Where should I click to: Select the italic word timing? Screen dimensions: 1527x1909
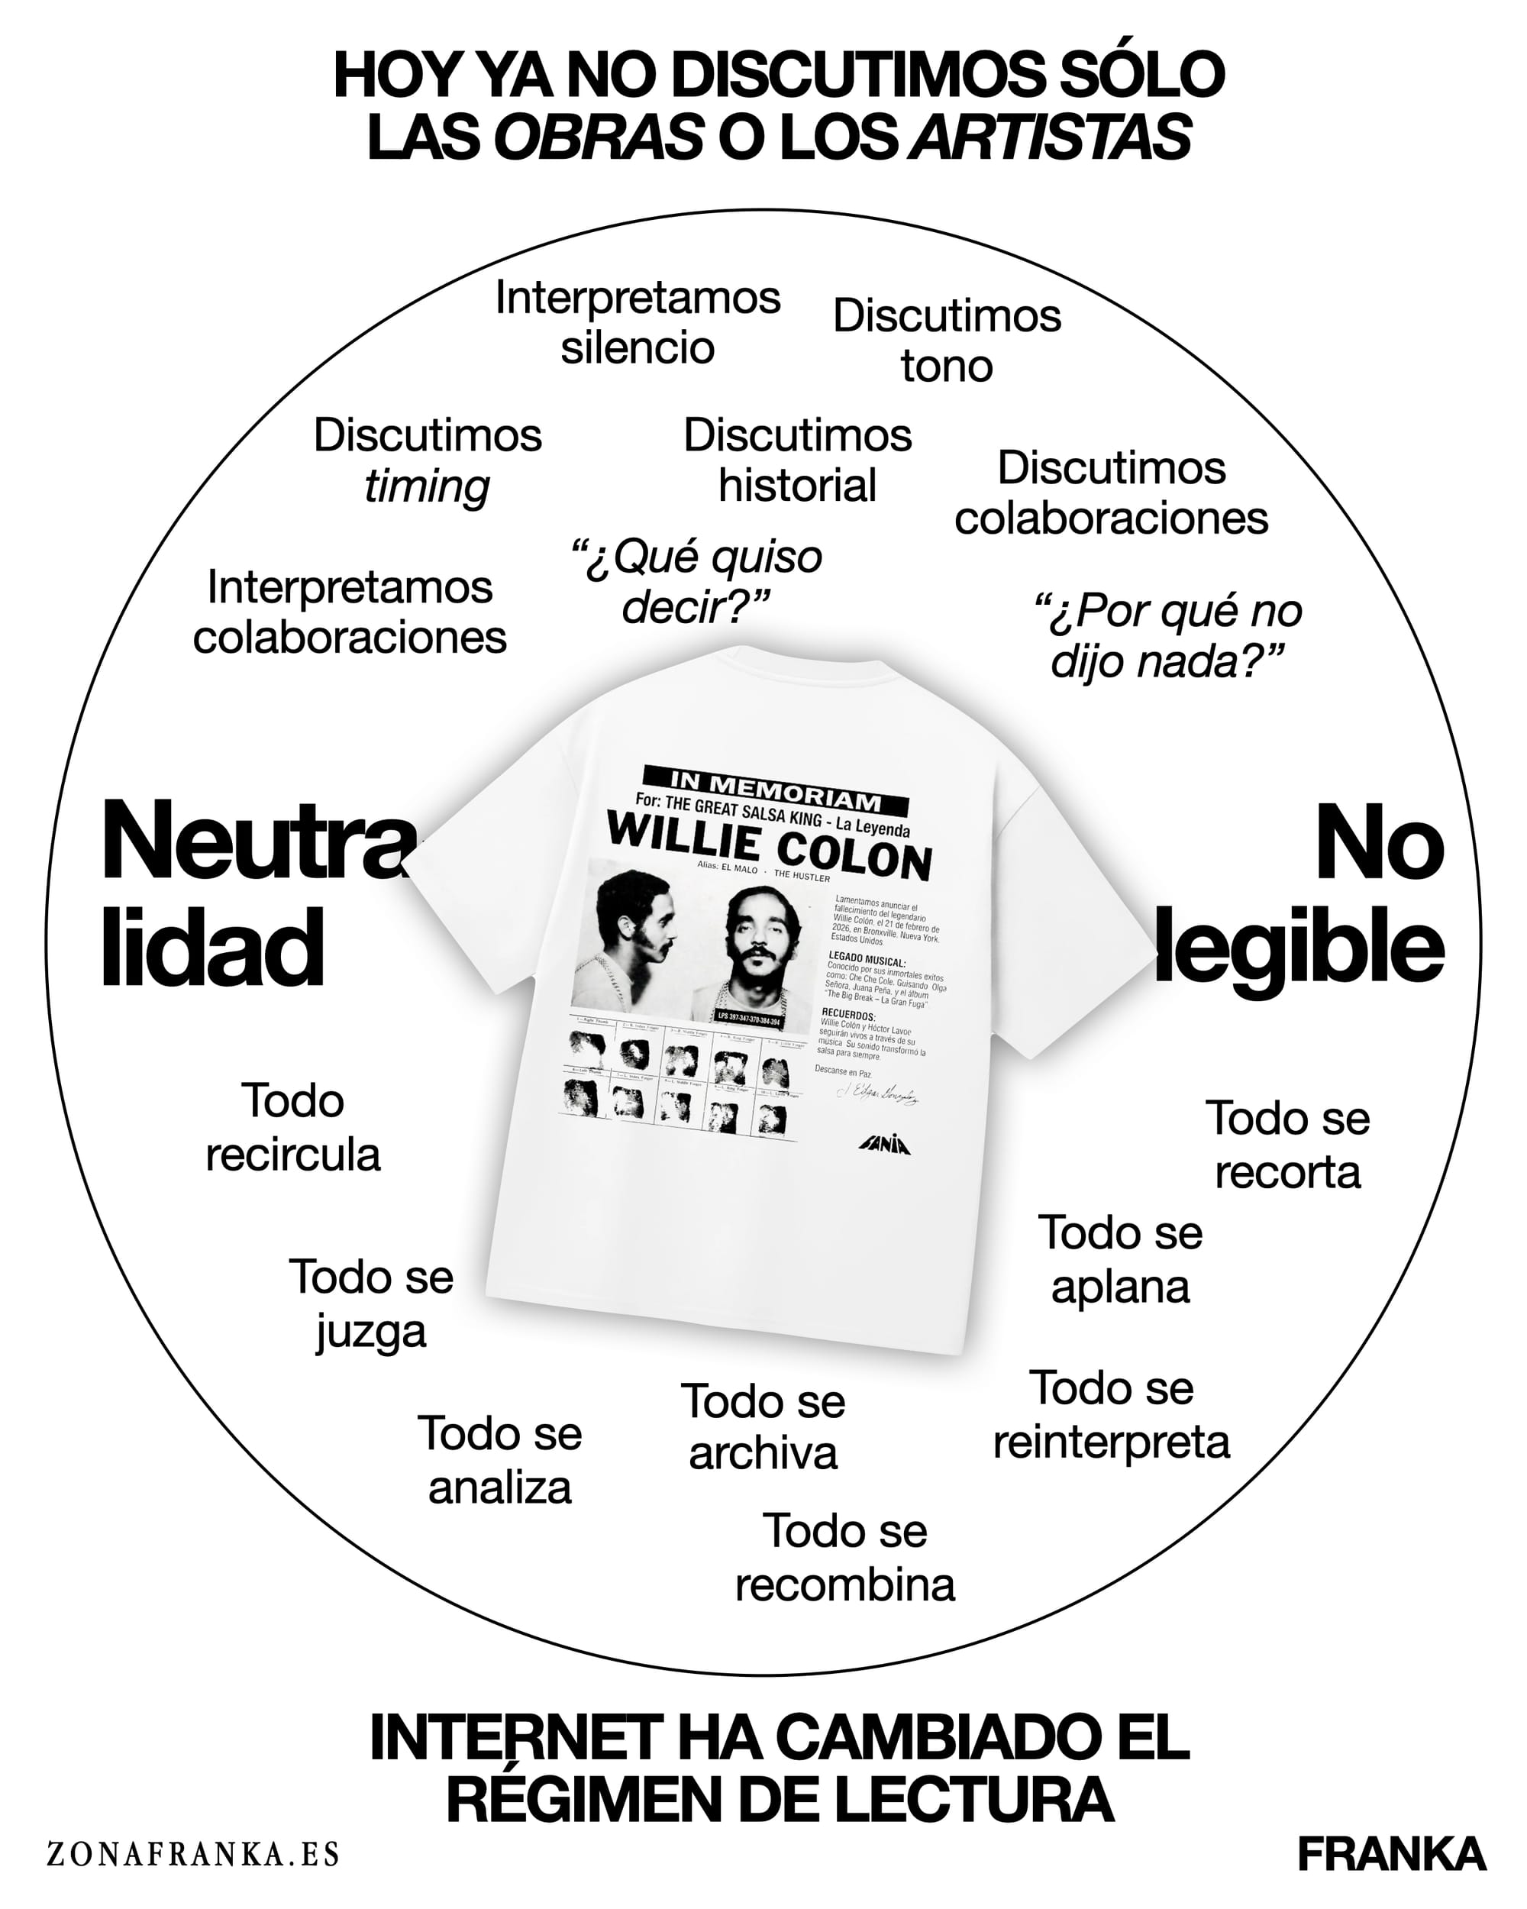427,486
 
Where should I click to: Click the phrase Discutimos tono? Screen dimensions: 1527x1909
946,341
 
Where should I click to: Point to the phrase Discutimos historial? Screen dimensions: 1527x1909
798,460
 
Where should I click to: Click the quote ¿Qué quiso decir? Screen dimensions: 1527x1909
696,582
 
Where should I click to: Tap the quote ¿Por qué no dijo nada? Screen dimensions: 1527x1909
1167,636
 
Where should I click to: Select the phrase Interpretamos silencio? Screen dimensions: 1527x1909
638,322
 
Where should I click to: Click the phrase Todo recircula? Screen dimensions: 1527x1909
293,1127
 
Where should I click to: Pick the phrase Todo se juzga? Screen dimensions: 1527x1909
371,1303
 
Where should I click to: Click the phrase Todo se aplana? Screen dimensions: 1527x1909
1120,1259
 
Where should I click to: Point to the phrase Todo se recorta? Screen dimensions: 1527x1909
1287,1145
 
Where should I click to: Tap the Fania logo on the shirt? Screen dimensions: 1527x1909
884,1145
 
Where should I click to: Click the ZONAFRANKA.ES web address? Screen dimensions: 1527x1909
193,1853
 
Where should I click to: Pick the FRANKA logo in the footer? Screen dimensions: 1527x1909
1390,1854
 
